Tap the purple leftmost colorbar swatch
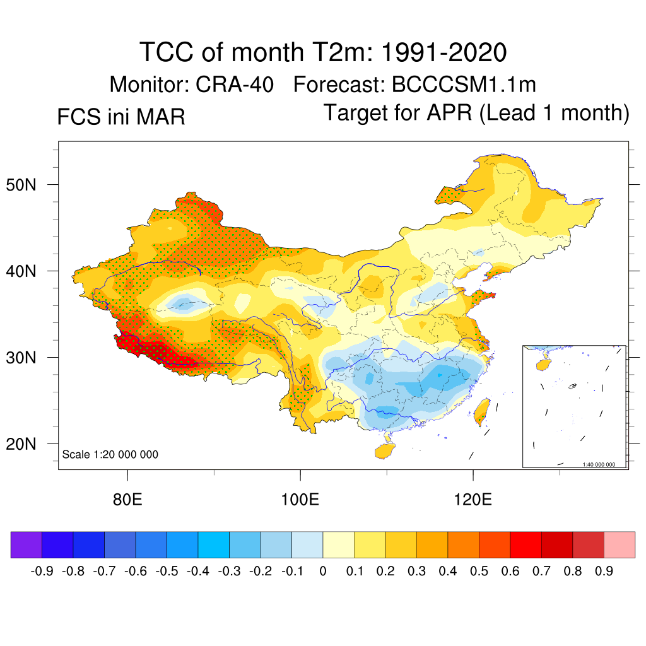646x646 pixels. (x=26, y=544)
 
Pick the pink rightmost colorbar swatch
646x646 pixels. (x=620, y=544)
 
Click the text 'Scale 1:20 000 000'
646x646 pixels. (x=110, y=455)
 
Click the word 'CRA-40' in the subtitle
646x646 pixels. (x=234, y=85)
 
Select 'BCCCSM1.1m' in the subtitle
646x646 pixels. (x=464, y=85)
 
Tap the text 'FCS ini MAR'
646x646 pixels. (x=121, y=117)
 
